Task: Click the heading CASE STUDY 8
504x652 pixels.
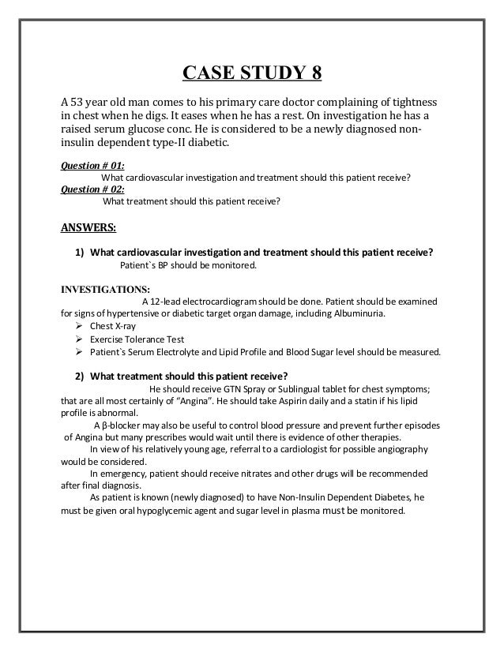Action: click(252, 75)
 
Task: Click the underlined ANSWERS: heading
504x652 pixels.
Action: click(88, 229)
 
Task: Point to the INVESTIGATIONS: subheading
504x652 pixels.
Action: click(106, 288)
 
